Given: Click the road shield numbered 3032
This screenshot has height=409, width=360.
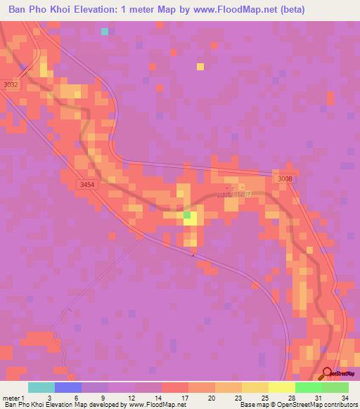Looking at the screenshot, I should click(11, 84).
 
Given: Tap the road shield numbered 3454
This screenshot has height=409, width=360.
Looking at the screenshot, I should click(86, 184).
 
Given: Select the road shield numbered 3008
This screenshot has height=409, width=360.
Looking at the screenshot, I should click(285, 178).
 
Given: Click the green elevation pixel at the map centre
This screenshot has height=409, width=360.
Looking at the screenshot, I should click(187, 215).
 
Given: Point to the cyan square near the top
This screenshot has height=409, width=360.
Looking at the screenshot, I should click(105, 31).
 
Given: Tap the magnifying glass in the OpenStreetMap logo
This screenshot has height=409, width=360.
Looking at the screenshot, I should click(327, 374).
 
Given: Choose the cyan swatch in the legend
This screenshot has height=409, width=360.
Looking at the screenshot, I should click(41, 387).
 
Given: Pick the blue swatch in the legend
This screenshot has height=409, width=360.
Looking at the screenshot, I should click(68, 387).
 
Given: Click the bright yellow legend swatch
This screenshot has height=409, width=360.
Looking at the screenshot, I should click(281, 387).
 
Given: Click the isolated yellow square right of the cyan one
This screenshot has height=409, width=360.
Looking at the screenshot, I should click(200, 67).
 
